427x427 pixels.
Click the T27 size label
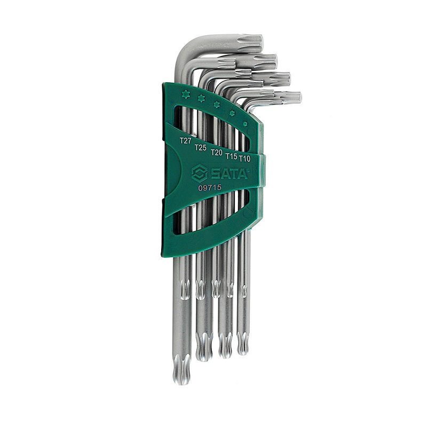click(x=186, y=141)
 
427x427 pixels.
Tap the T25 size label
click(x=200, y=147)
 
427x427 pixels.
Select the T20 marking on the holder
click(x=217, y=153)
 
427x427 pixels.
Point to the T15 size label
click(x=231, y=156)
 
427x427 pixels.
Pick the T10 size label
click(x=244, y=159)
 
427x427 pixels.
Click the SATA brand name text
click(x=229, y=173)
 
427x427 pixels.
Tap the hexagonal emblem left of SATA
click(x=200, y=173)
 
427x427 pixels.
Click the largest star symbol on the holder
click(x=185, y=94)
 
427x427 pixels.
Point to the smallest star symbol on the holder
click(x=245, y=124)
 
